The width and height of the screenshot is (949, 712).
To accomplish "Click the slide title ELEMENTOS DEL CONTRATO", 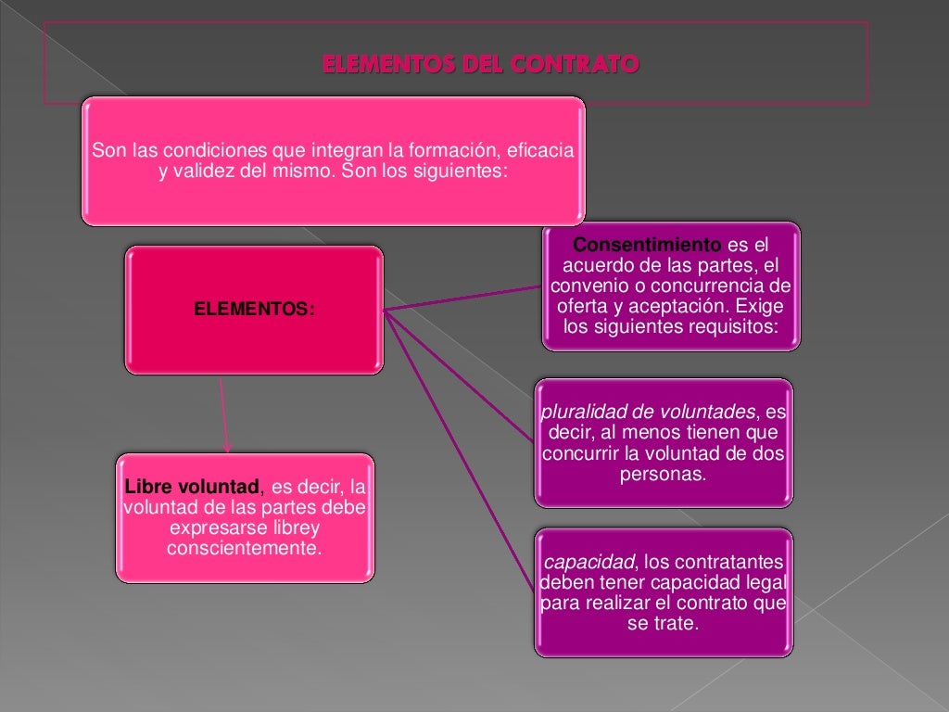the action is tap(480, 65).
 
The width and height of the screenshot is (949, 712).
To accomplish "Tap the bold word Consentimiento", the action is tap(647, 246).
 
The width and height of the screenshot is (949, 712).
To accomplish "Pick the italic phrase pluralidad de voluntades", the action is tap(649, 413).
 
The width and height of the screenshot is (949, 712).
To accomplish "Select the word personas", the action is tap(662, 474).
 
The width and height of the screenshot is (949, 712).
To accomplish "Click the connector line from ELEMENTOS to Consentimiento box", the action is tap(463, 298).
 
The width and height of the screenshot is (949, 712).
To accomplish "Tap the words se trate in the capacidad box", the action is tap(662, 624).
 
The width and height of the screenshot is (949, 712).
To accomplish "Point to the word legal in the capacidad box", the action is tap(766, 583).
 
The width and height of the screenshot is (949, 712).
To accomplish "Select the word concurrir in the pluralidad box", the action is tap(581, 453).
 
